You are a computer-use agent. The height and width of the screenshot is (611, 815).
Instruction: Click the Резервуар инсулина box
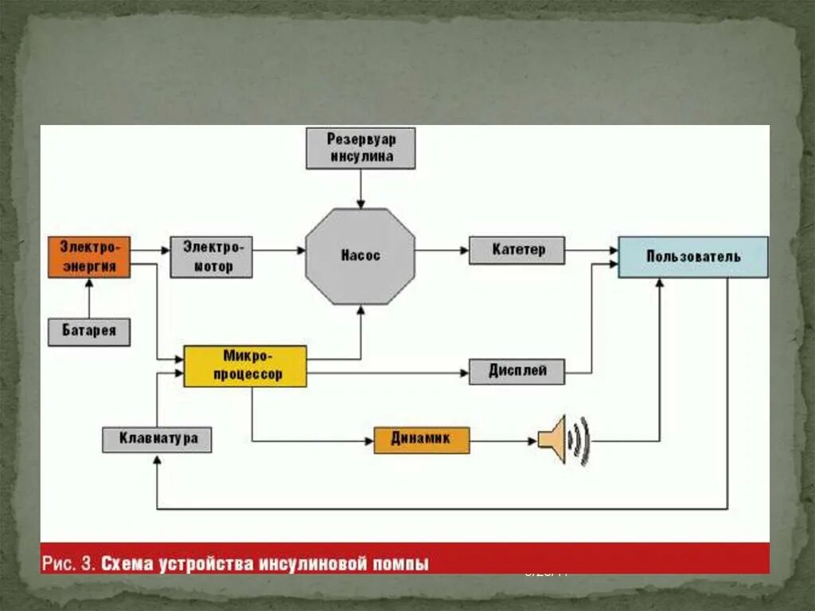pos(361,148)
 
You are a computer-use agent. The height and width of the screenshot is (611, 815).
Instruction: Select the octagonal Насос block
pos(361,256)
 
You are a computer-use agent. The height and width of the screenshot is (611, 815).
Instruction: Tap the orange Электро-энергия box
pos(89,257)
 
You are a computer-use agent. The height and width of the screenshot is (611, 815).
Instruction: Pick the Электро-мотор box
pos(211,257)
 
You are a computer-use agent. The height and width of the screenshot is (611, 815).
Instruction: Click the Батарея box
pos(89,331)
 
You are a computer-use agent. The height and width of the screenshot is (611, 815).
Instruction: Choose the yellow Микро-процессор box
pos(245,366)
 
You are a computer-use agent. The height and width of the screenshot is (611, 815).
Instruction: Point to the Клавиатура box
pos(157,439)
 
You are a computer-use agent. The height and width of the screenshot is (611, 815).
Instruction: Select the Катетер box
pos(517,250)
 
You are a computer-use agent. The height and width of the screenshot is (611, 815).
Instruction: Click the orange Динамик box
pos(422,440)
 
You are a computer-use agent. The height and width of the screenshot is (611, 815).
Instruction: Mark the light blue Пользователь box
pos(693,257)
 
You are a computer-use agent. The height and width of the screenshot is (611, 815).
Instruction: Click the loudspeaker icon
pos(564,440)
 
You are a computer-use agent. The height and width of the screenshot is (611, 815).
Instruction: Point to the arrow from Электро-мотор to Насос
pos(279,250)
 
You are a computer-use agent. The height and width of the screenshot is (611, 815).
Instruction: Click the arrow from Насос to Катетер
pos(442,250)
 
